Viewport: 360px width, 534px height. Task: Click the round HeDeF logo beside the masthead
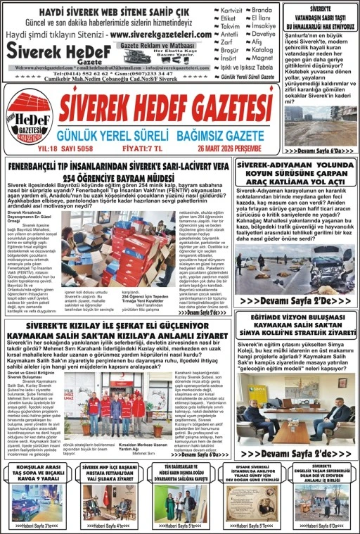[29, 120]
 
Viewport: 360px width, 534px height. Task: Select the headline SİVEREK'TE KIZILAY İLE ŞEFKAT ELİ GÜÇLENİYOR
[118, 326]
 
